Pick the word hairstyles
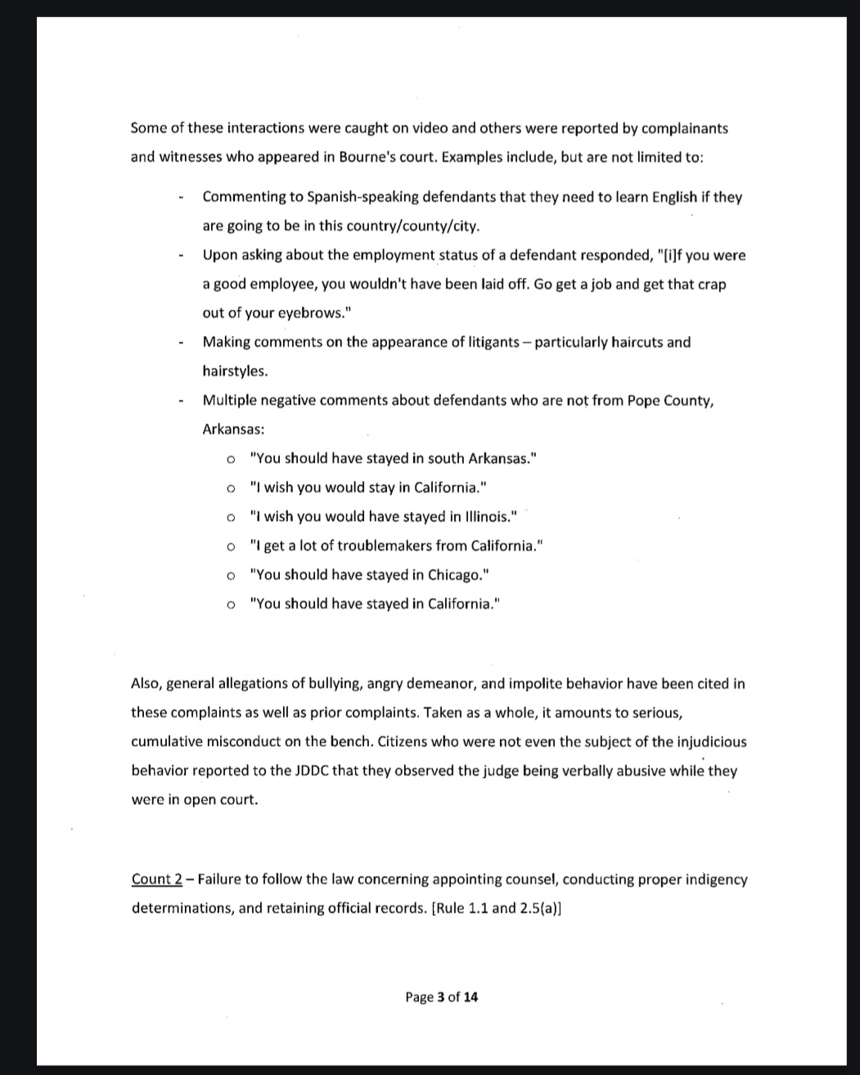(x=234, y=371)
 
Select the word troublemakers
(x=384, y=546)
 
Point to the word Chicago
(x=459, y=574)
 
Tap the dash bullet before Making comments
(x=178, y=343)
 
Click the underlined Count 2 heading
(x=157, y=879)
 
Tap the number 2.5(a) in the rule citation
(x=539, y=908)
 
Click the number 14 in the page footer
(x=471, y=996)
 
